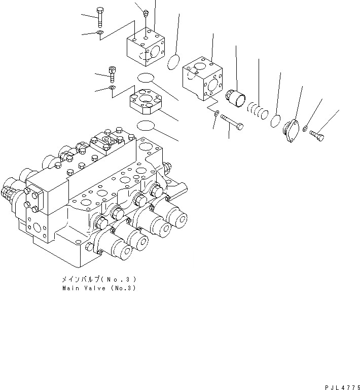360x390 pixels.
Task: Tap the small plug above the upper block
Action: click(145, 12)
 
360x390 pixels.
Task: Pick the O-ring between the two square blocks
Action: click(173, 62)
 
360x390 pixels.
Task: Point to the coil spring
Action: click(257, 110)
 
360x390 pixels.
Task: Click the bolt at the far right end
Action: click(316, 135)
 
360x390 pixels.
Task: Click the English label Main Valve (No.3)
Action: click(99, 288)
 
